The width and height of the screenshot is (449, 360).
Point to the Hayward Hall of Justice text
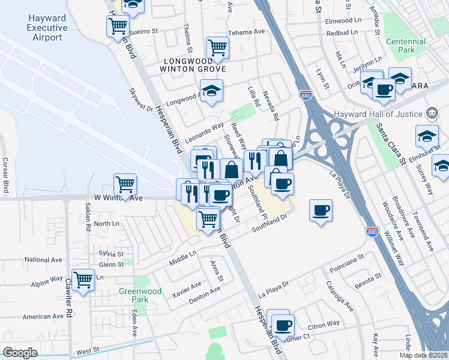coord(392,114)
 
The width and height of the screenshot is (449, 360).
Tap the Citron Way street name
coord(324,323)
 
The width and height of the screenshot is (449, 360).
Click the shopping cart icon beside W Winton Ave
coord(125,182)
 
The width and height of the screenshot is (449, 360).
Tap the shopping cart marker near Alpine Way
coord(82,278)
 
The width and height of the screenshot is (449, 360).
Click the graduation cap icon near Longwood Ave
coord(211,91)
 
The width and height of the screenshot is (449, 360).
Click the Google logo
coord(20,353)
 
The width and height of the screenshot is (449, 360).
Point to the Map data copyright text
coord(423,355)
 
